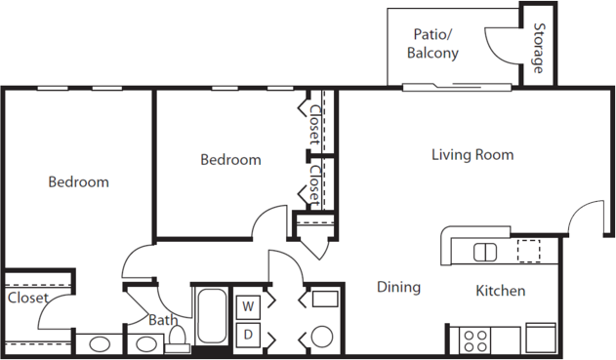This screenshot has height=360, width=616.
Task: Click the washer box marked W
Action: click(248, 307)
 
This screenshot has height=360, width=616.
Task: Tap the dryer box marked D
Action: click(248, 335)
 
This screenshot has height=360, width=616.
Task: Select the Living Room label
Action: click(472, 155)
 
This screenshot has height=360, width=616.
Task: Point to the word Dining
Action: click(398, 287)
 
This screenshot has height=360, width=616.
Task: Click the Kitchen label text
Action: click(501, 291)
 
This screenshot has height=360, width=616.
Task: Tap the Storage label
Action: click(539, 48)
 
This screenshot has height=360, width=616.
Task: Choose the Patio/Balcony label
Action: click(432, 44)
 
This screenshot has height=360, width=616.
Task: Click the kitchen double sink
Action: click(485, 252)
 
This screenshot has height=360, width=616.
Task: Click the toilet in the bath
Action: click(178, 340)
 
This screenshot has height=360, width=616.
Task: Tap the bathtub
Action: click(212, 316)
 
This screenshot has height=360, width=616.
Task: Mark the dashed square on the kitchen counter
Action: click(528, 251)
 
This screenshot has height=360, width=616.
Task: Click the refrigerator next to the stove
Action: click(541, 338)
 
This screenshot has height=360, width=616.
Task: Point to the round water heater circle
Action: click(322, 337)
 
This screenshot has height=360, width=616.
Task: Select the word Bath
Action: click(163, 320)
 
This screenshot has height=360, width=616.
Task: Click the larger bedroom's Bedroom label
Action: click(78, 182)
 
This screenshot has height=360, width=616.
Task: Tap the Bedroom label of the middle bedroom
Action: click(230, 160)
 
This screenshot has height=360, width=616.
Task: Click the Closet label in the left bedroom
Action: click(27, 298)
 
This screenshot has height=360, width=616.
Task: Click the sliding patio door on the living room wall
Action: click(457, 87)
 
